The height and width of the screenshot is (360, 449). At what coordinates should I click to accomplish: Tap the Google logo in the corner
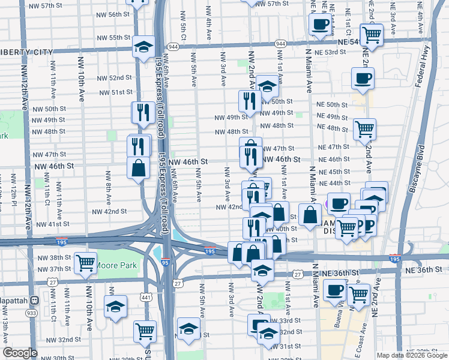[x=20, y=353]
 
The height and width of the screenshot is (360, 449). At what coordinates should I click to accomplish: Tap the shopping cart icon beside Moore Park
[x=86, y=262]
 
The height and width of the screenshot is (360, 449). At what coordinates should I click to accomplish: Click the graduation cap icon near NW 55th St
[x=143, y=47]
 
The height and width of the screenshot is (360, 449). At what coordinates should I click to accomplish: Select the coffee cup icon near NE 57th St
[x=320, y=25]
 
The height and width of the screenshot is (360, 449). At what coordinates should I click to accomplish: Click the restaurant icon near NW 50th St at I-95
[x=143, y=112]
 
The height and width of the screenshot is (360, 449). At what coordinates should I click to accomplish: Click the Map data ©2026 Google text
[x=411, y=355]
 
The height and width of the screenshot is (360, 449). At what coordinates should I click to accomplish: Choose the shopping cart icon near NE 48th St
[x=364, y=128]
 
